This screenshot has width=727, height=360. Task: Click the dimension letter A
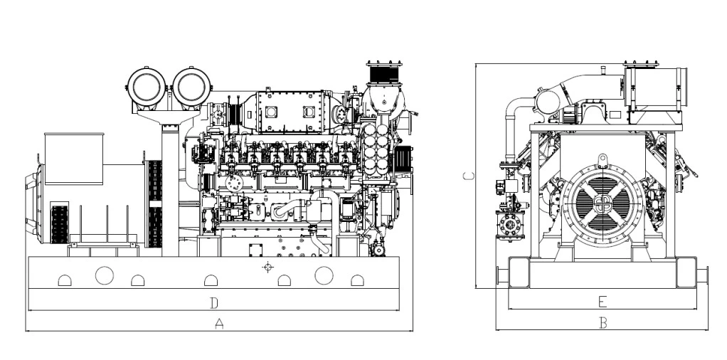point(219,323)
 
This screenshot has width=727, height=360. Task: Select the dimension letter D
point(213,303)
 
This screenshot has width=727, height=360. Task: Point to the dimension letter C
point(469,176)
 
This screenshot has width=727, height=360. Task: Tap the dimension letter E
point(603,302)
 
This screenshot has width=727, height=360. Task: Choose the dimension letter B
point(603,323)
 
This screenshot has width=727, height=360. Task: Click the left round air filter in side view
point(147,87)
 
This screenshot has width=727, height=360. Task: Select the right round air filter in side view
point(191,87)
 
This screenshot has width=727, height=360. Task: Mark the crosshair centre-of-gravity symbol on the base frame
point(267,267)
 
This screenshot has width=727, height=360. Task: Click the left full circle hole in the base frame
point(105,275)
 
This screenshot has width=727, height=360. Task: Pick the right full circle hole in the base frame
point(324,275)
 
